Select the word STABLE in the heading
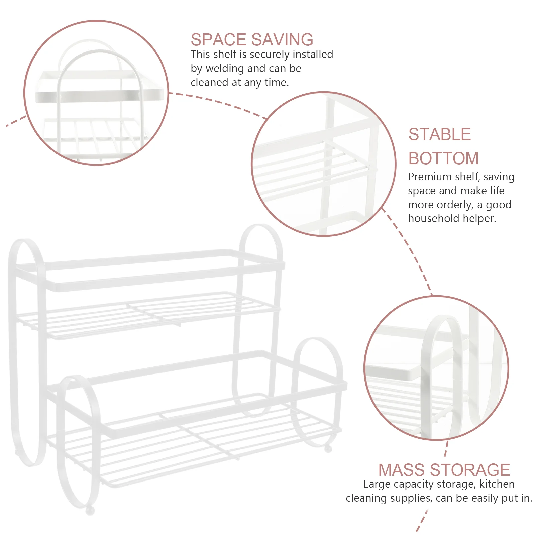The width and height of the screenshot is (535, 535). pos(440,134)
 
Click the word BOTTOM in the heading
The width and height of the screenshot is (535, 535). pos(443,158)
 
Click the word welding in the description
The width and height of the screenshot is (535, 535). pos(225,68)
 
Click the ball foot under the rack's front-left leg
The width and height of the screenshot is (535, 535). pos(90,510)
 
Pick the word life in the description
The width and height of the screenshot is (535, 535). pos(497,191)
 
